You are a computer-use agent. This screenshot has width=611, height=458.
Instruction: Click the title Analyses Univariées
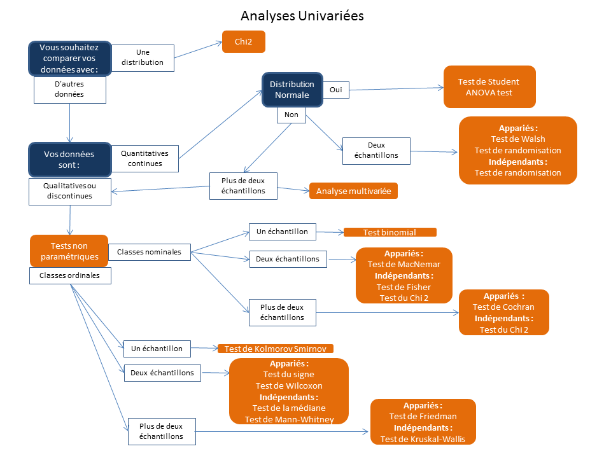coord(302,15)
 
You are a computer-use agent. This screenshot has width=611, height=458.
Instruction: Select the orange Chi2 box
coord(244,42)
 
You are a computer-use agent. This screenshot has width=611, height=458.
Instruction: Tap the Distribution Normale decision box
coord(292,90)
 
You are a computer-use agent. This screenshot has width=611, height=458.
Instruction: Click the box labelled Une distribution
coord(143,57)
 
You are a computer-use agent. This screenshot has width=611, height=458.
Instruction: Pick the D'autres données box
coord(69,89)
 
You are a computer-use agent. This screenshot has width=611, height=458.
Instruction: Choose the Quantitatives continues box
coord(144,158)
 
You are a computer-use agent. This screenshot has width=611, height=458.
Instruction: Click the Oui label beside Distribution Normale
coord(335,90)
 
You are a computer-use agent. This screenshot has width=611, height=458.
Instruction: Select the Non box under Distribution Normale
coord(291,115)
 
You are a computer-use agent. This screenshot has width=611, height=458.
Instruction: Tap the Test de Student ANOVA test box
coord(489,87)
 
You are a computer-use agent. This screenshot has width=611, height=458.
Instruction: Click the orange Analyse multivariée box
coord(353,191)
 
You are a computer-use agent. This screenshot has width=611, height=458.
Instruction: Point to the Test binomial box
coord(390,232)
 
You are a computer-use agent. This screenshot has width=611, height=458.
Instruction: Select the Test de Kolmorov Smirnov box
coord(275,349)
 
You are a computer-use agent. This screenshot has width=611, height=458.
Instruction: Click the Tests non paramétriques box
coord(69,251)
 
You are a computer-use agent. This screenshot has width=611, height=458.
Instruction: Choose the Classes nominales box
coord(149,252)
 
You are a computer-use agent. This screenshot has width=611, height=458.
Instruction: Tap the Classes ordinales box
coord(69,275)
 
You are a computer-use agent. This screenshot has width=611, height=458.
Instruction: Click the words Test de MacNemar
coord(404,264)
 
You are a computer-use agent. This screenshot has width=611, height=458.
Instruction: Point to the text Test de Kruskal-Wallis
coord(423,439)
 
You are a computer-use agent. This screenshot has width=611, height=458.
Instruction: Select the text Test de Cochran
coord(503,307)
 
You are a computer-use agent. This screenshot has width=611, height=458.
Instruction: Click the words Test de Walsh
coord(517,139)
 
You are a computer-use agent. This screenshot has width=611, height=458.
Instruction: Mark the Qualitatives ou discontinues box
coord(69,191)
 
